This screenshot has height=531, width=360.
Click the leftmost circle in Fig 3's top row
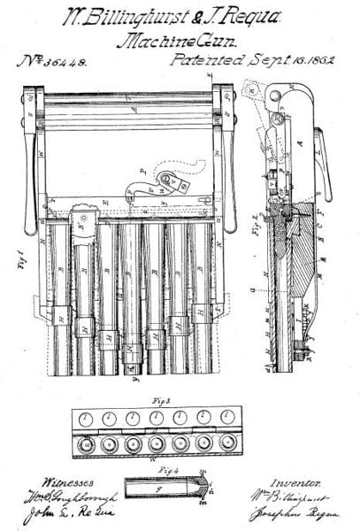(87, 419)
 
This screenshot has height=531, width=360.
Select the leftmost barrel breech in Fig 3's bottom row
(87, 443)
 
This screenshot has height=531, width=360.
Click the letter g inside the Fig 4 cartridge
(158, 488)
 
